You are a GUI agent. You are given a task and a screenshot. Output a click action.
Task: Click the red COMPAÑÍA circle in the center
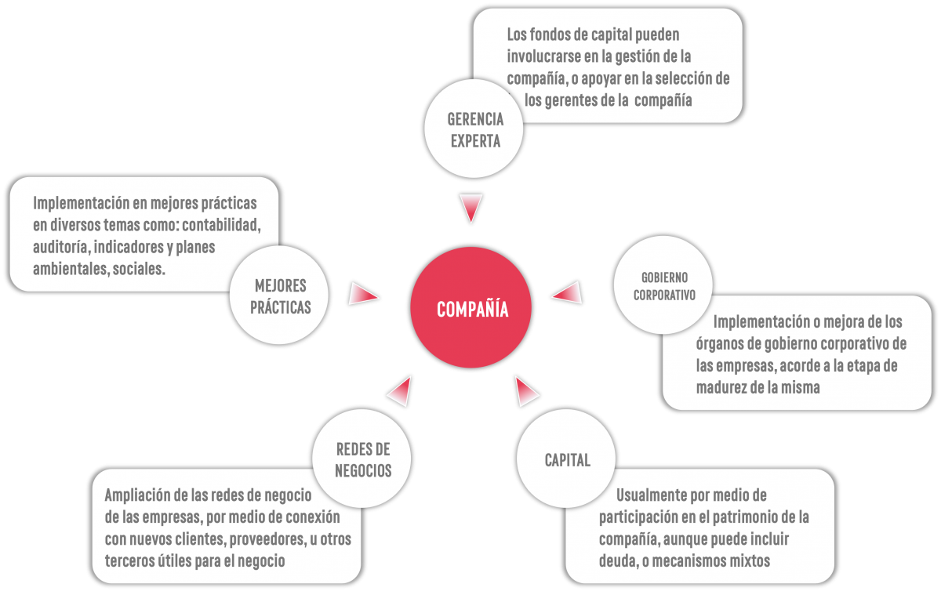[x=471, y=307]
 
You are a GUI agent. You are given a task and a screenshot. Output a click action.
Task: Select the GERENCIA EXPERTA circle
[x=474, y=129]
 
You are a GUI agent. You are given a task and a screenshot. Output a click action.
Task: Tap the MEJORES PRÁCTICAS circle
[x=279, y=295]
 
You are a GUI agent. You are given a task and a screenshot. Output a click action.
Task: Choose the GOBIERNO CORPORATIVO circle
[x=663, y=285]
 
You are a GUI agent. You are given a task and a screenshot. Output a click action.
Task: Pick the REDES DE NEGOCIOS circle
[x=362, y=459]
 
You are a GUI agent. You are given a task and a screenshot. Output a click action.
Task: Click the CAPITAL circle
[x=566, y=459]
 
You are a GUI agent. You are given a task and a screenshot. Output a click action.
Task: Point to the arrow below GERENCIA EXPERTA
[x=471, y=208]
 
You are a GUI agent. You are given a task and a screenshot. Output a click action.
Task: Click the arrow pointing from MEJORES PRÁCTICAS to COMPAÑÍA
[x=363, y=293]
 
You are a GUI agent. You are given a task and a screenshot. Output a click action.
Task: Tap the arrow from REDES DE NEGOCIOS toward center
[x=401, y=391]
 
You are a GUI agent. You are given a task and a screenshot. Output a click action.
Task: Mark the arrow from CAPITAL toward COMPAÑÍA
[x=526, y=391]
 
